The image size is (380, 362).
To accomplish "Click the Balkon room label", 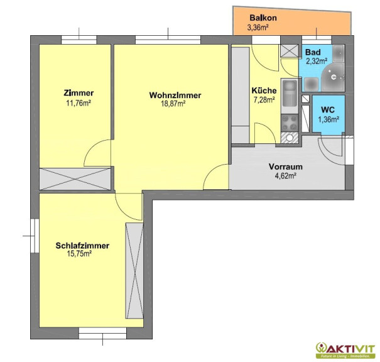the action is (x=263, y=18).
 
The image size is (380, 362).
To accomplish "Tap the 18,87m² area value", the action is (x=173, y=104).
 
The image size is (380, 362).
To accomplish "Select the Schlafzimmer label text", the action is (x=82, y=246).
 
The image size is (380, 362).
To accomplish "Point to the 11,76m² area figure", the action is (x=79, y=103).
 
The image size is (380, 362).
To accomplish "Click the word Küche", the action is (x=264, y=90).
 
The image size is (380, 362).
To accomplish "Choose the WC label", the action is (x=328, y=109).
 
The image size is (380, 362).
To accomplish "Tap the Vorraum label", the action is (x=286, y=167).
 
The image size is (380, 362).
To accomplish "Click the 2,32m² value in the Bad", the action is (x=317, y=61).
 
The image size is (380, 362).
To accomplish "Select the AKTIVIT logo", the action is (x=345, y=350).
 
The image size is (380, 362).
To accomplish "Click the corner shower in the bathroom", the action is (x=334, y=77).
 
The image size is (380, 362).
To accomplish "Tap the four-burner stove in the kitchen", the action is (x=290, y=123).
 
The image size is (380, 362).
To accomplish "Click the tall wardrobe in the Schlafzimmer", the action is (x=134, y=271).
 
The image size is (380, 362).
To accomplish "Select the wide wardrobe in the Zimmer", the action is (x=75, y=179).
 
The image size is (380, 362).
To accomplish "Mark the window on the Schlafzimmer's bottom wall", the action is (x=102, y=333).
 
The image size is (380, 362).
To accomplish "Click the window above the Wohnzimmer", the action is (x=168, y=40).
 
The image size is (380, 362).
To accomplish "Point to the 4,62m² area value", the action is (x=286, y=176).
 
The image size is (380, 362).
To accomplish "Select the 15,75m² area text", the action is (x=79, y=254).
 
